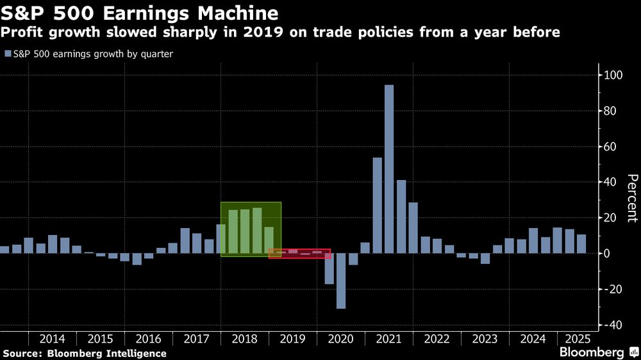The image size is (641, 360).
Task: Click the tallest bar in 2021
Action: click(389, 169)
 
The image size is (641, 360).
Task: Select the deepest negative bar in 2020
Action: click(341, 281)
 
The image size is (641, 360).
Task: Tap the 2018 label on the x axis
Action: click(244, 340)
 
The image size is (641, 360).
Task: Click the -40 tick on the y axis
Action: click(610, 325)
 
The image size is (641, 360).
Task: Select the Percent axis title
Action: click(632, 198)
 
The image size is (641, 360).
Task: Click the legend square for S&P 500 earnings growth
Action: click(7, 54)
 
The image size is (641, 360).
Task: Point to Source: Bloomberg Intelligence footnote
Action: click(85, 354)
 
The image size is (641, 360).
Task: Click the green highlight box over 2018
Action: click(251, 229)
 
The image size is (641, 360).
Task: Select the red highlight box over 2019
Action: click(299, 254)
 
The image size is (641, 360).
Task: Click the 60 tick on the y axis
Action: click(610, 147)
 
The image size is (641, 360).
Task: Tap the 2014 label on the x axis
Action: click(53, 340)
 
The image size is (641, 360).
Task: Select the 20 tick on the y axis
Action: click(610, 218)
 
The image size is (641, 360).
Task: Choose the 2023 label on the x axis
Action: click(485, 340)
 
